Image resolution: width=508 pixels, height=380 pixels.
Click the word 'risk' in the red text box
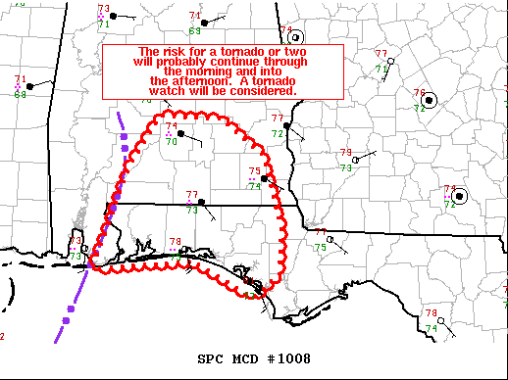tap(179, 52)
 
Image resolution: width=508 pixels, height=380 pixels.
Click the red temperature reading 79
tap(345, 153)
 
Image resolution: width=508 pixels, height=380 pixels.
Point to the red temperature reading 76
tap(420, 94)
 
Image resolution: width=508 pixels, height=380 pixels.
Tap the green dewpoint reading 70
tap(171, 141)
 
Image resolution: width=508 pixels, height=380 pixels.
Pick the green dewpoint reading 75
tap(320, 248)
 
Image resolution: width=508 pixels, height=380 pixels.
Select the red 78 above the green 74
tap(431, 313)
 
